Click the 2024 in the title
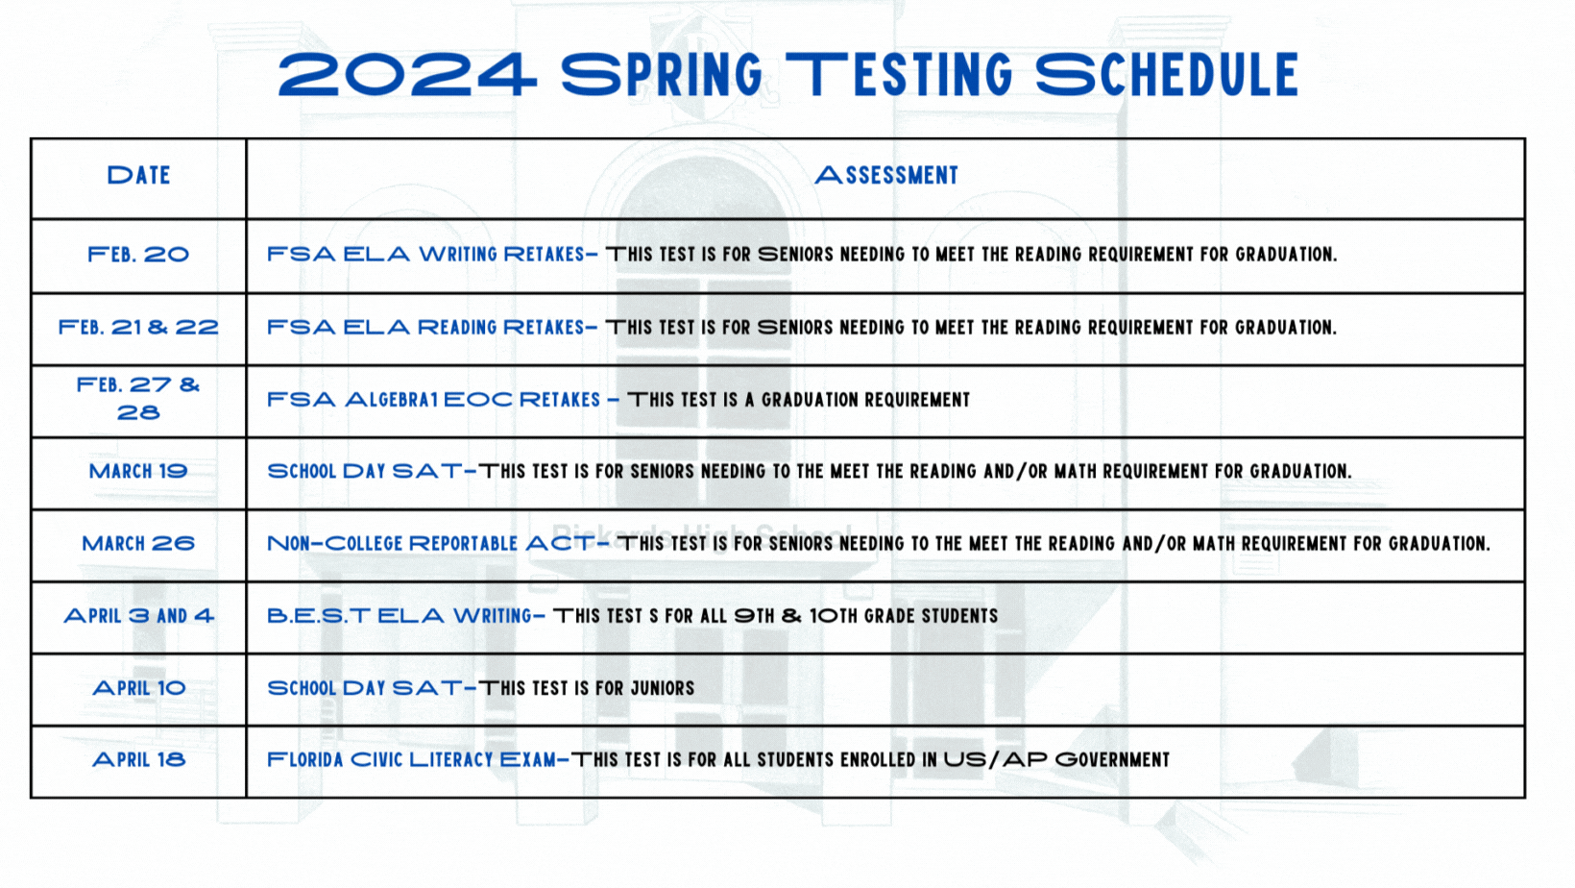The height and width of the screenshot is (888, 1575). click(407, 74)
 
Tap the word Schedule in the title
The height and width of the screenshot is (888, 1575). click(1167, 74)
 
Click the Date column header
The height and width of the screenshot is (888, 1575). click(138, 175)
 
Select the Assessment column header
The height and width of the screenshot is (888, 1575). click(885, 175)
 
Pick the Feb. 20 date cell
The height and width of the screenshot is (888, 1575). click(138, 254)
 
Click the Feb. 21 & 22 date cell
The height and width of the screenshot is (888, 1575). click(138, 327)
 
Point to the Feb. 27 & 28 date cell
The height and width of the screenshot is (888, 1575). click(138, 398)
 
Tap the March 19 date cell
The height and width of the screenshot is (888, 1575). click(138, 471)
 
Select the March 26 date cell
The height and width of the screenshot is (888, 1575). click(138, 543)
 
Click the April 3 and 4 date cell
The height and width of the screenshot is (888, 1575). click(138, 616)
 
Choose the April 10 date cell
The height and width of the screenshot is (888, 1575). click(138, 687)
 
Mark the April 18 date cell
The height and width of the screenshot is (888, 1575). click(138, 760)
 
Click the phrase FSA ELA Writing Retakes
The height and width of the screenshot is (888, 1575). click(425, 254)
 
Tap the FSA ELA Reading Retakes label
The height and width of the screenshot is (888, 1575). click(425, 327)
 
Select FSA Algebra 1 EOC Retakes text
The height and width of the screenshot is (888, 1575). click(434, 400)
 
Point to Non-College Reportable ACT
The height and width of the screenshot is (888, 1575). click(431, 543)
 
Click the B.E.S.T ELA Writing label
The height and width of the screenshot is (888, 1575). click(400, 616)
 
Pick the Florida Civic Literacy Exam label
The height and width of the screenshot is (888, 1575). click(411, 760)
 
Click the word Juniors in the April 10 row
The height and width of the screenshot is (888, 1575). click(663, 688)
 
